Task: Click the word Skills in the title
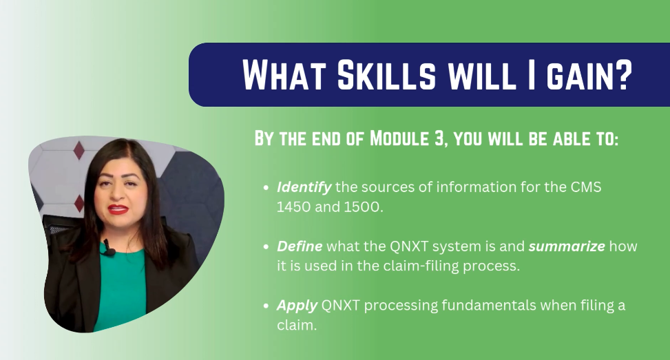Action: point(386,75)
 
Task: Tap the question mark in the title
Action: point(623,75)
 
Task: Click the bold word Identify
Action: point(304,187)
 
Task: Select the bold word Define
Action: point(300,246)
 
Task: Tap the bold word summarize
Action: point(567,246)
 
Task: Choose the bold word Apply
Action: point(297,306)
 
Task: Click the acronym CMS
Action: point(586,187)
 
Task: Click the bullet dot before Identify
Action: point(266,187)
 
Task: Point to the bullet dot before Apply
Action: point(266,306)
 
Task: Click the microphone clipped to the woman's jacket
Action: point(107,248)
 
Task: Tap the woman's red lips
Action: point(118,209)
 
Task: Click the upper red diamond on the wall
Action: point(79,150)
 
